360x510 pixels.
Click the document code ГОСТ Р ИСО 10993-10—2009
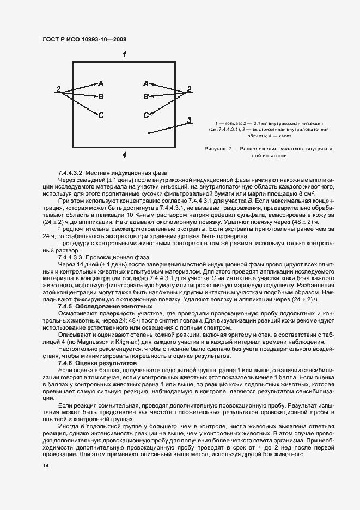pos(78,40)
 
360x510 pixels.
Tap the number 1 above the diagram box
pos(125,54)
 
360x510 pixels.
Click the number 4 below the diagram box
pos(124,155)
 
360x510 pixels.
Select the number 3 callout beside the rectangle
pos(188,120)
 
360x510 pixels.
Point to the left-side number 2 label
pos(58,89)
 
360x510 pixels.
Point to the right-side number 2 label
pos(189,89)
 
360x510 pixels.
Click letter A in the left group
pos(101,83)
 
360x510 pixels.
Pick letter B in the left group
pos(101,96)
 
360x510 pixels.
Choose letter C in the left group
pos(101,115)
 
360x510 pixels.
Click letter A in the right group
pos(145,83)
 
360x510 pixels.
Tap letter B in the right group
pos(145,96)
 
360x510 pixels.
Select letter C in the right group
pos(145,115)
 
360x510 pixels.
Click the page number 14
pos(45,466)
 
